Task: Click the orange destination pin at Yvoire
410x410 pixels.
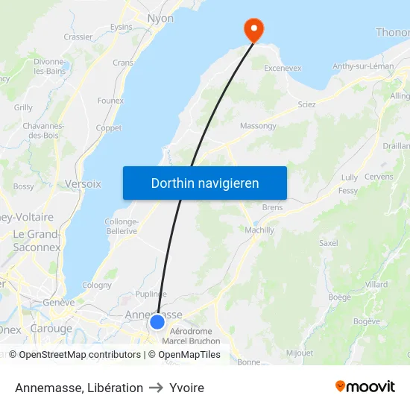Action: (254, 28)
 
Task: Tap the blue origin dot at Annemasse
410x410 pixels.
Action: (157, 322)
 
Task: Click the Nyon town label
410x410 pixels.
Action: (160, 19)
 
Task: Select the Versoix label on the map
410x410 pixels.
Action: (83, 183)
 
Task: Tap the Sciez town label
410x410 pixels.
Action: (306, 104)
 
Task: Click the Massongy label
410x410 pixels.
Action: (258, 126)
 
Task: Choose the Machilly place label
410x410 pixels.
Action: (259, 230)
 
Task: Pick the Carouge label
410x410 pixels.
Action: (51, 329)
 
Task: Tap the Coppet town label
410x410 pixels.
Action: (109, 128)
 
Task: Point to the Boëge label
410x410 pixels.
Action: (339, 297)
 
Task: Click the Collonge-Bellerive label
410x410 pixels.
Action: (121, 227)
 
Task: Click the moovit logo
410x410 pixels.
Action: (365, 387)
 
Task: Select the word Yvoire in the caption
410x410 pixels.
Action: (186, 388)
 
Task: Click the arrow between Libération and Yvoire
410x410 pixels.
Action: (156, 388)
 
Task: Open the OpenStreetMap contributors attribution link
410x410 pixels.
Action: (79, 355)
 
